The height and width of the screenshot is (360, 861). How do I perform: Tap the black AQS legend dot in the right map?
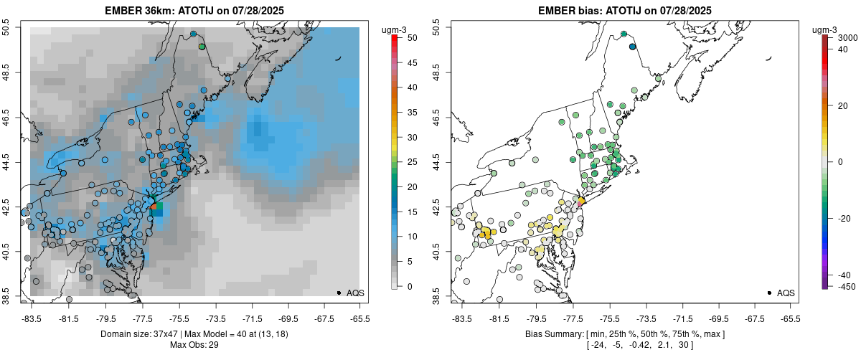coord(768,293)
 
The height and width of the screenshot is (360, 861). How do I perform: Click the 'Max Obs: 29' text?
coord(194,345)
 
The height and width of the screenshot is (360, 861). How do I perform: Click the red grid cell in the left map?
coord(154,207)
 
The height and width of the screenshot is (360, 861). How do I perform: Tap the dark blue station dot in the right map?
coord(632,47)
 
